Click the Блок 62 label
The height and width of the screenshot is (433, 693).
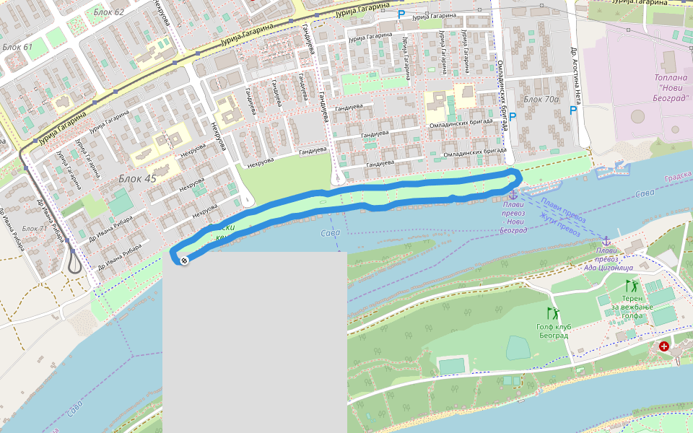pos(109,12)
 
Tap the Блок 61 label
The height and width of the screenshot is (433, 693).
pos(18,48)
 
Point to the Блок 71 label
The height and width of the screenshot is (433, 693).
pos(34,229)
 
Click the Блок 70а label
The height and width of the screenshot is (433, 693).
pos(541,99)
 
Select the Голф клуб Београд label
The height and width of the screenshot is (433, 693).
pos(554,332)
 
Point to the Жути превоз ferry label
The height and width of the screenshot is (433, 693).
pos(560,227)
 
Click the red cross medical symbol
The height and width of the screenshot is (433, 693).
pos(663,347)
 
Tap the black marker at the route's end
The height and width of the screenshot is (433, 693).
pos(184,261)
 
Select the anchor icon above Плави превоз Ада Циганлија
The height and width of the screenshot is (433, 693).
pos(606,241)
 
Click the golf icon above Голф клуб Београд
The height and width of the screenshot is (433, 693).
pos(553,313)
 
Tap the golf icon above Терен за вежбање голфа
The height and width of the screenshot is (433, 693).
pos(630,286)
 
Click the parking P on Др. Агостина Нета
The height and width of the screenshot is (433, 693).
pos(573,110)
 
